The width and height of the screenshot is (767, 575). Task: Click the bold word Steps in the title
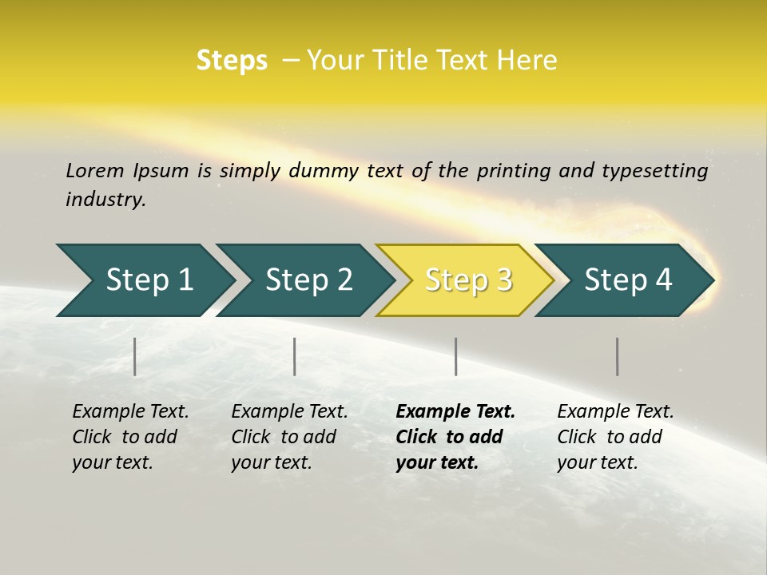(x=232, y=61)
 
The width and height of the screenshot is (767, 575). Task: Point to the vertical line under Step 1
(x=135, y=356)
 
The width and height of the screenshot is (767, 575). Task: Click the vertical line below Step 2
(x=295, y=356)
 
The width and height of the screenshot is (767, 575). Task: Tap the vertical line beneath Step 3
(x=456, y=356)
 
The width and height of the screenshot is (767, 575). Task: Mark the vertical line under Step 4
(x=618, y=356)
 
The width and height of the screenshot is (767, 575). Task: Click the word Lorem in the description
(x=95, y=170)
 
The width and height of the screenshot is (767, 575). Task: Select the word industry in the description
(x=105, y=199)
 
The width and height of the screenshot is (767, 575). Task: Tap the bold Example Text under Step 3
(x=455, y=412)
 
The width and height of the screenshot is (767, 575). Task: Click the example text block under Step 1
(x=130, y=437)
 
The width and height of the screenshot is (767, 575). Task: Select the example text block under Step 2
(x=289, y=437)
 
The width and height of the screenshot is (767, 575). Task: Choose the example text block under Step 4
(x=615, y=437)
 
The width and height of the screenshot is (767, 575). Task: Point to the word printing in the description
(x=514, y=170)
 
